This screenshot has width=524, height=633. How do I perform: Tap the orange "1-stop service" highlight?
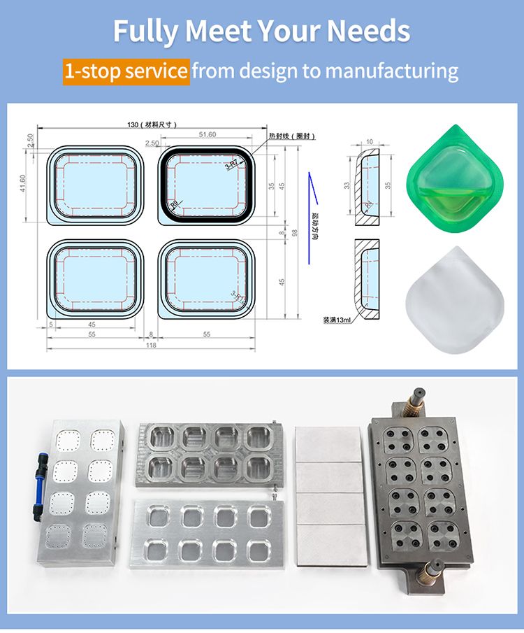click(x=126, y=71)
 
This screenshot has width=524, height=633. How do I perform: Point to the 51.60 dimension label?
click(x=208, y=134)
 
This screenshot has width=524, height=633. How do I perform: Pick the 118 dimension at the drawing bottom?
click(x=150, y=345)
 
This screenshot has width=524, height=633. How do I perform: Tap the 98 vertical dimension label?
click(x=294, y=233)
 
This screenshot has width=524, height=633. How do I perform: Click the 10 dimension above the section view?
click(x=369, y=141)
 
